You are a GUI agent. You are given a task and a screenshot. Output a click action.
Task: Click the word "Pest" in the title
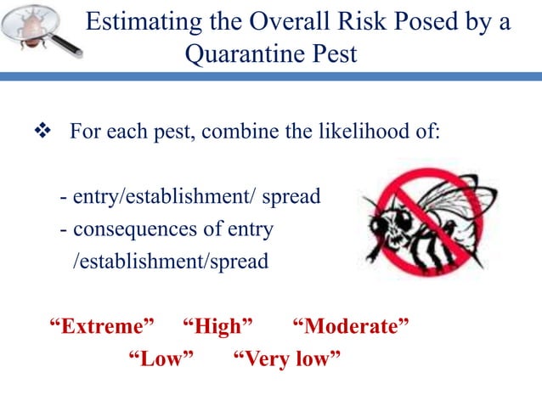[x=331, y=55]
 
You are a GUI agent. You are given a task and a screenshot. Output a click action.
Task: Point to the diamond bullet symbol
[x=41, y=133]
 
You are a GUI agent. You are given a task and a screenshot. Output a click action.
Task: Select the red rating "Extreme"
[x=102, y=326]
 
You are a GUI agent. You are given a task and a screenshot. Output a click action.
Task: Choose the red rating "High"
[x=218, y=326]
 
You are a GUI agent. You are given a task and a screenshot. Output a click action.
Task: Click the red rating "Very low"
[x=286, y=359]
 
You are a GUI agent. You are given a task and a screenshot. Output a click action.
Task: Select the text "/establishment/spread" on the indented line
[x=171, y=261]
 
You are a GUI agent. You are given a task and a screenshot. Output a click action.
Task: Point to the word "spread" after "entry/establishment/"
[x=291, y=197]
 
